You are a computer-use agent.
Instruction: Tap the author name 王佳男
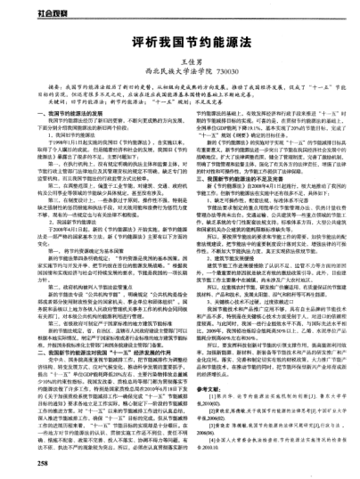click(181, 63)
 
